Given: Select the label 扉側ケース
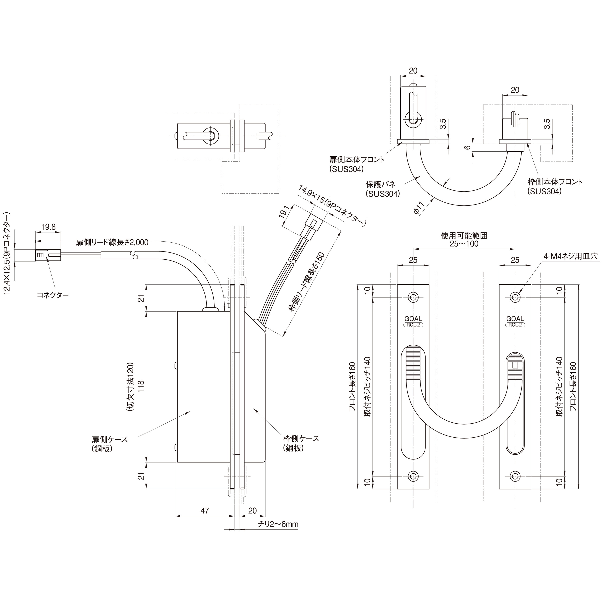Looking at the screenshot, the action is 110,439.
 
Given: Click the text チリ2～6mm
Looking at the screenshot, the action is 278,524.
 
